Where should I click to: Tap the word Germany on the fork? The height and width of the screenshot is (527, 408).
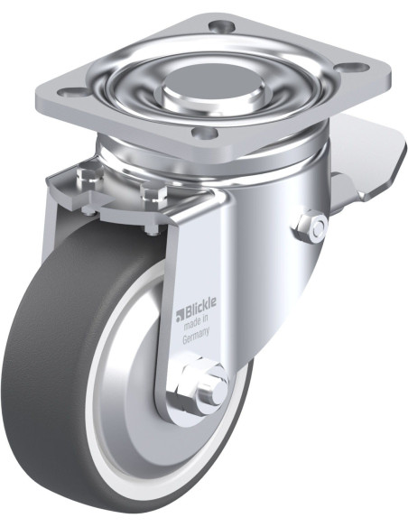point(196,336)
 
